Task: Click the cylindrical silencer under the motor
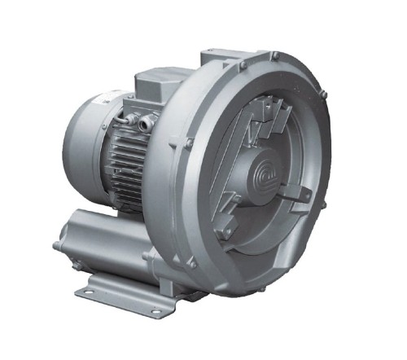[x=106, y=232]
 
